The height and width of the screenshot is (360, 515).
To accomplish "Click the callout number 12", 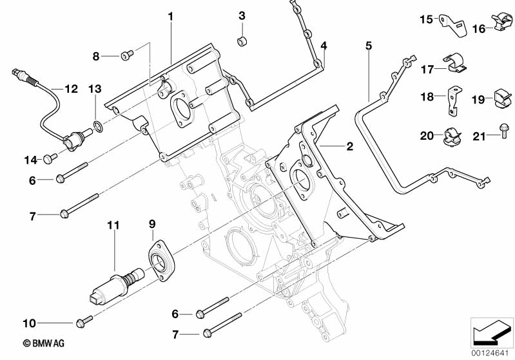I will (70, 88).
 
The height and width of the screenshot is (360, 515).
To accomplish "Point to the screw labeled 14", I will (49, 158).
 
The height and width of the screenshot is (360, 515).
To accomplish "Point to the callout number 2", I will (349, 147).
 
